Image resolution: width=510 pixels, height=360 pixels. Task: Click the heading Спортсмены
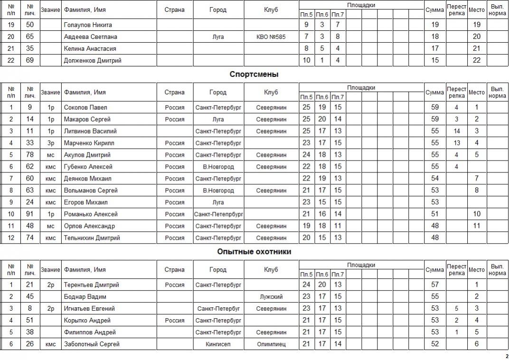254,75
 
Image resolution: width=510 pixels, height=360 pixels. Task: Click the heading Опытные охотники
254,252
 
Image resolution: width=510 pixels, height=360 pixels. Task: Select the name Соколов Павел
85,107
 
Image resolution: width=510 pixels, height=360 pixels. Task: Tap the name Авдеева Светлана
90,37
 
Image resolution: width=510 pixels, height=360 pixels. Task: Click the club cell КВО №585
271,37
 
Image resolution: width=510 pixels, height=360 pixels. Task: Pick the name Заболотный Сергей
92,344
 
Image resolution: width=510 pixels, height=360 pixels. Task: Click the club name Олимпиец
271,344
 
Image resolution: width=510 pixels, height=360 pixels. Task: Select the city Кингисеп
218,344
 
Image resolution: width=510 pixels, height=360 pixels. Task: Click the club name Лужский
271,297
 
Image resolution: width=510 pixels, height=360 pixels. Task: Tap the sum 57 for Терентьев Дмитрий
434,285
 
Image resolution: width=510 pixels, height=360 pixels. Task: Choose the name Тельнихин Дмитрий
92,238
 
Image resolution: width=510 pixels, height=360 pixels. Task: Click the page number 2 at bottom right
507,356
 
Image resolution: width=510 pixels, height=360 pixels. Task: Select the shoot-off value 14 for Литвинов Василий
456,131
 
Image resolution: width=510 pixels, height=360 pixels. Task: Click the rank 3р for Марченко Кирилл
51,143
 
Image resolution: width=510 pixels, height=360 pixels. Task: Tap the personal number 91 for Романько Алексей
30,214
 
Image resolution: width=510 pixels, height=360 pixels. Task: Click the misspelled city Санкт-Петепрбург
218,214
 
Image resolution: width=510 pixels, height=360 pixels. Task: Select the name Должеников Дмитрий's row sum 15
434,60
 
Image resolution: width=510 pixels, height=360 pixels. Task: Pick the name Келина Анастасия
90,48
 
